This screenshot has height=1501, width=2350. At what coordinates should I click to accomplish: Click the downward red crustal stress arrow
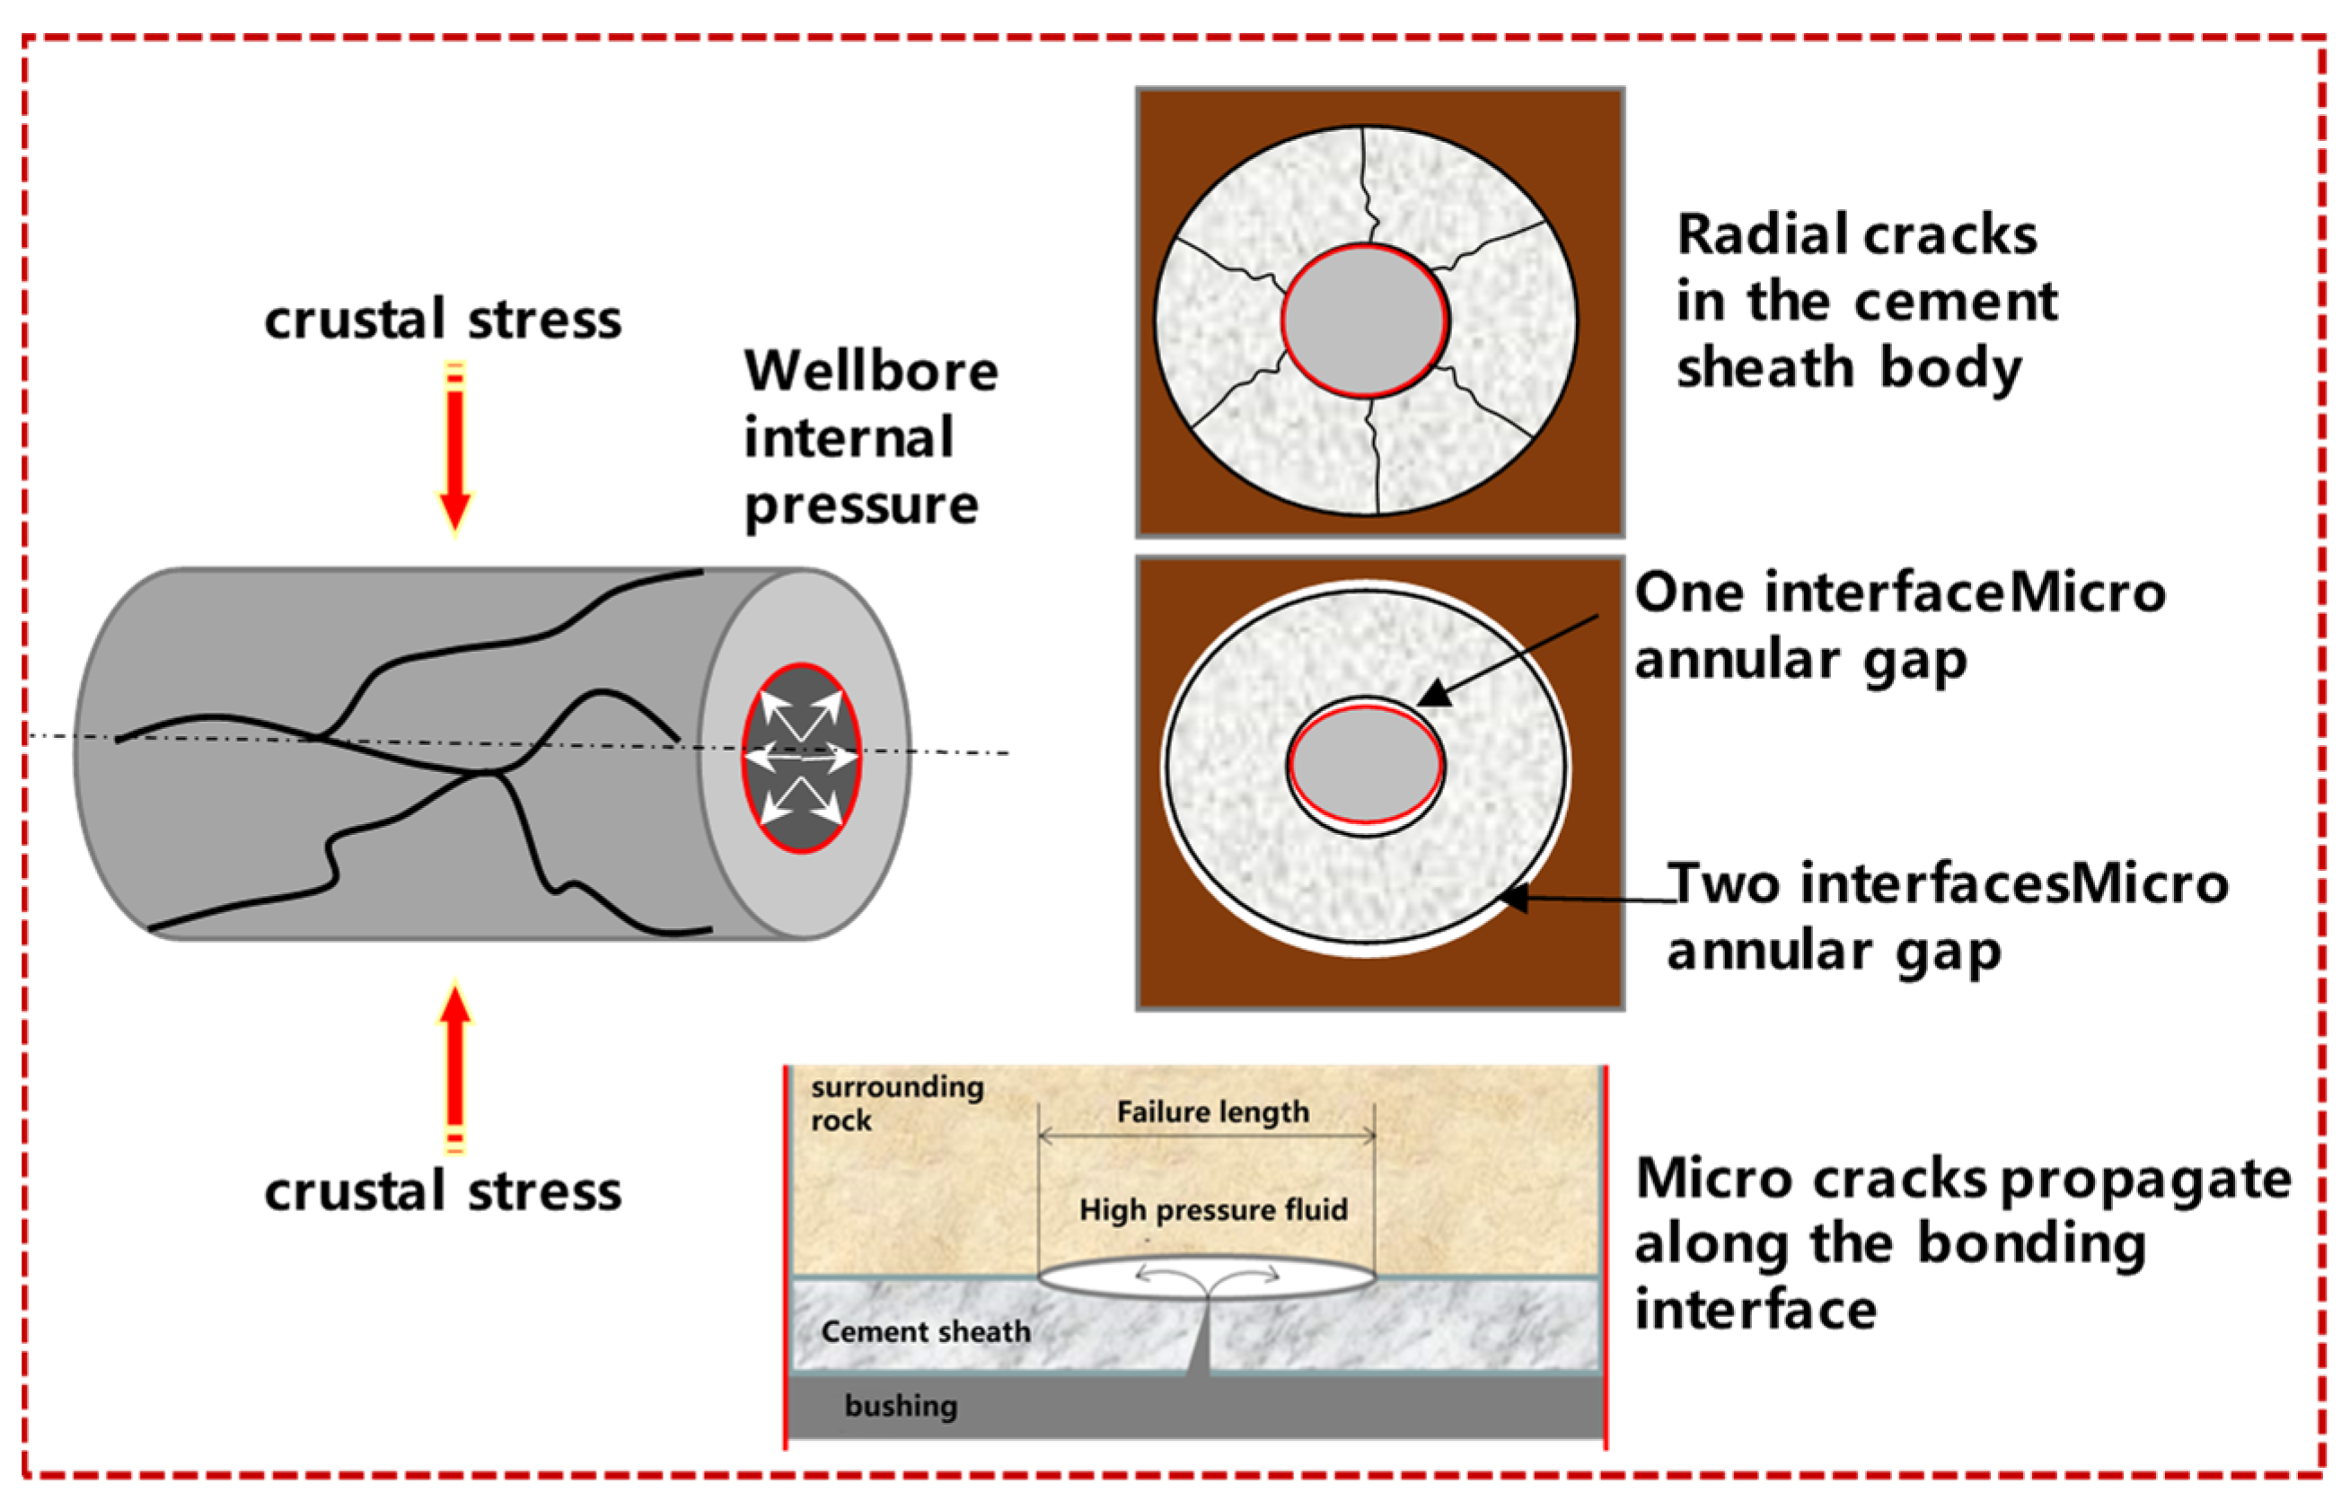454,449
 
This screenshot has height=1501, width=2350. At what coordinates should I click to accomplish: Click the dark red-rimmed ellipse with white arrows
801,759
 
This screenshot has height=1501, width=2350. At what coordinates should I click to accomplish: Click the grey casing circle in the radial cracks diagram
1364,321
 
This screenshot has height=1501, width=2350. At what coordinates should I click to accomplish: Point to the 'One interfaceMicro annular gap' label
1897,627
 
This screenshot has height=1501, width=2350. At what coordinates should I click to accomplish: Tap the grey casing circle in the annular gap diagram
1365,765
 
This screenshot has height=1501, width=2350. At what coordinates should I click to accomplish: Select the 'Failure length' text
1212,1111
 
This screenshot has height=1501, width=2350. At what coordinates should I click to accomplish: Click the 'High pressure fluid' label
1212,1209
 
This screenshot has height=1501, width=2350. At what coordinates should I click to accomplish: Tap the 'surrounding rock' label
895,1102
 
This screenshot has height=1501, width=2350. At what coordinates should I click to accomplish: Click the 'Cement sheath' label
925,1331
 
